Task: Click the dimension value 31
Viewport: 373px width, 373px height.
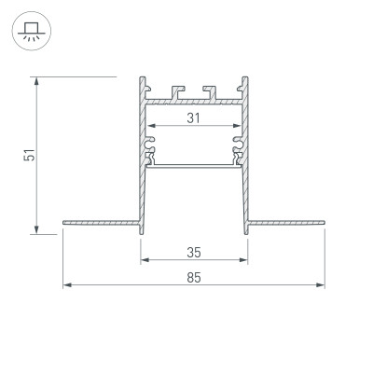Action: pos(194,117)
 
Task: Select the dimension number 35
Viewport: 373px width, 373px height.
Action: pos(194,252)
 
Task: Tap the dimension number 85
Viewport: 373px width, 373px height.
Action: pos(194,277)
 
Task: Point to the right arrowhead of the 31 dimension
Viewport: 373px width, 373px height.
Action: pos(238,127)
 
